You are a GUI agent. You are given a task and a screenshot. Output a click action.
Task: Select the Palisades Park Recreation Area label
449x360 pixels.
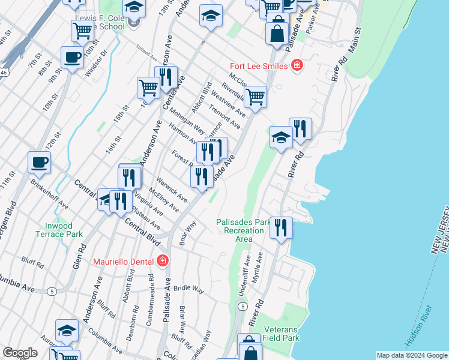click(x=243, y=230)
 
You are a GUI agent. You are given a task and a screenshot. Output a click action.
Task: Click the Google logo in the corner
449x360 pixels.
click(x=20, y=353)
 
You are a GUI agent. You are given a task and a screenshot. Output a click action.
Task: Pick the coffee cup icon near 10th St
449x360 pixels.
click(x=72, y=58)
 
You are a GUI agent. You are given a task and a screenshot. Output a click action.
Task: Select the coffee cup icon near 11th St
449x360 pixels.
click(x=39, y=162)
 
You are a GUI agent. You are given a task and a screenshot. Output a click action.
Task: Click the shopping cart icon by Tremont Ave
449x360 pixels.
click(x=256, y=97)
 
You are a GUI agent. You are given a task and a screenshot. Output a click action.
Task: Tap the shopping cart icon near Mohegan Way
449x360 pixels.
click(x=148, y=88)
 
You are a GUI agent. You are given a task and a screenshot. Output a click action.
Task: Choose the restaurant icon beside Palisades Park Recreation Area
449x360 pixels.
click(x=281, y=227)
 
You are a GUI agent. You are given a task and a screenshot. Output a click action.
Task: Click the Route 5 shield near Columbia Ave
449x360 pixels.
click(x=52, y=292)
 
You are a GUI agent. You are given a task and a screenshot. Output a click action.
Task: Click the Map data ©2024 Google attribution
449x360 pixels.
click(x=411, y=355)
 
